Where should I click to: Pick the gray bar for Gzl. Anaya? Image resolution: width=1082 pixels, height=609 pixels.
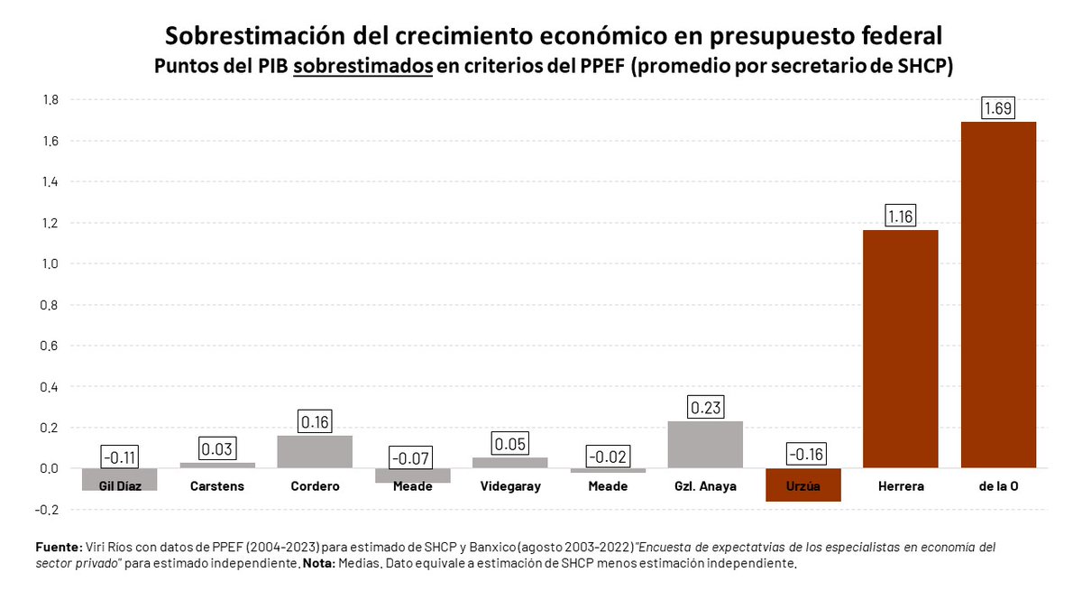[x=705, y=445]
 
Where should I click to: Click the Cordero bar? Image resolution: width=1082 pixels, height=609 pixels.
[x=315, y=452]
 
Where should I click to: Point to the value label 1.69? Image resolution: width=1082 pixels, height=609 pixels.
[x=998, y=109]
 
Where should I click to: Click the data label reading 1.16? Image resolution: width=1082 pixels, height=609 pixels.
[x=901, y=217]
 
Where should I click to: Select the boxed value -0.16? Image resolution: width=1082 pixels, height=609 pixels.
[x=802, y=455]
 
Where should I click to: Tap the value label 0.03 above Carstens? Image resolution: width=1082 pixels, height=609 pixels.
[x=216, y=449]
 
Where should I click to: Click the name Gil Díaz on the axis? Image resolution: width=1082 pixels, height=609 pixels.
[x=119, y=486]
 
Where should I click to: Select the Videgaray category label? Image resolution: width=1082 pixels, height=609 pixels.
[x=509, y=486]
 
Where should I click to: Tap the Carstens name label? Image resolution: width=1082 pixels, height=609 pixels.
[x=216, y=486]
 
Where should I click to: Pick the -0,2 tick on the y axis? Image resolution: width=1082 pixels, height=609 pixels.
[x=48, y=510]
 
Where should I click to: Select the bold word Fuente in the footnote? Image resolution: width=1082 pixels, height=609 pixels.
[x=58, y=548]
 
